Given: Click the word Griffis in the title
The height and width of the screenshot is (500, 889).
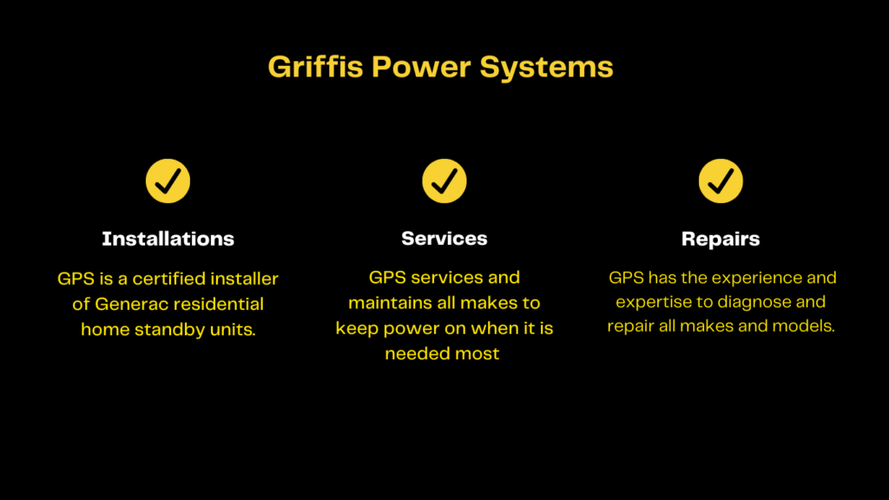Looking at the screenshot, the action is coord(315,67).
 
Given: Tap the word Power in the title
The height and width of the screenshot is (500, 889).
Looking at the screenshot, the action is coord(421,67).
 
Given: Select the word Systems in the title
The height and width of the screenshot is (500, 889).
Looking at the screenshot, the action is coord(547,68).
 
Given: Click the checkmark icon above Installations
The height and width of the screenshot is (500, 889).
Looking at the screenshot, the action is coord(168,181).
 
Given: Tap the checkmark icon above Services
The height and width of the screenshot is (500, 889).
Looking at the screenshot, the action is coord(444,181).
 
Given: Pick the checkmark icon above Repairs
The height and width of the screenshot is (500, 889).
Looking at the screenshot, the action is coord(721,181).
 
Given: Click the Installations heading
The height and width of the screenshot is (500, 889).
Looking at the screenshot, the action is coord(168,239).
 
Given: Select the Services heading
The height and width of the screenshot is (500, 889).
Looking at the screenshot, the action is coord(444,239).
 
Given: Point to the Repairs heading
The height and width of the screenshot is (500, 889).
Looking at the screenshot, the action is coord(721,240).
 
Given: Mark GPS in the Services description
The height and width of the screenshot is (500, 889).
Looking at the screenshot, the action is coord(387,277).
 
